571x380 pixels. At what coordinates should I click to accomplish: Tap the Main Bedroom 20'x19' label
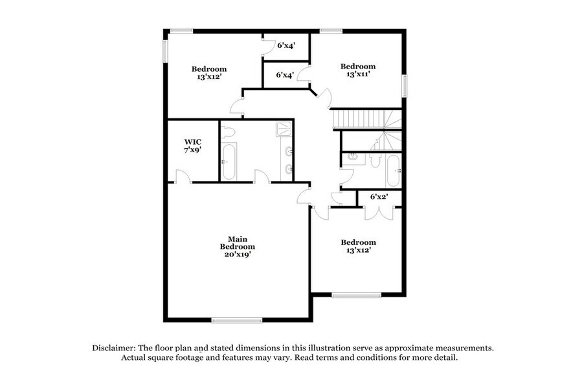tap(237, 246)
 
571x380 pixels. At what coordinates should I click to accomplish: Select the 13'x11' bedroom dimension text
tap(358, 75)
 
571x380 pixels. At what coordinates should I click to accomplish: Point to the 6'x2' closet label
tap(378, 196)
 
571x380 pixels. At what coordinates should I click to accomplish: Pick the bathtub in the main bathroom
tap(228, 162)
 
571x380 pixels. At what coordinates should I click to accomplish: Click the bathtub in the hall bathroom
tap(394, 170)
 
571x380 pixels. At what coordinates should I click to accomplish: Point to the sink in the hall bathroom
tap(353, 156)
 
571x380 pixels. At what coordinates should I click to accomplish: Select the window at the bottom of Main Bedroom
tap(237, 320)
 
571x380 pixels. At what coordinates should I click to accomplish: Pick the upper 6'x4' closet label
tap(285, 46)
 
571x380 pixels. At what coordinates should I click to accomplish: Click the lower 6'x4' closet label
tap(285, 75)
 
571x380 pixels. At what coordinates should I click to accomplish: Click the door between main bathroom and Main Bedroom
tap(262, 176)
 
